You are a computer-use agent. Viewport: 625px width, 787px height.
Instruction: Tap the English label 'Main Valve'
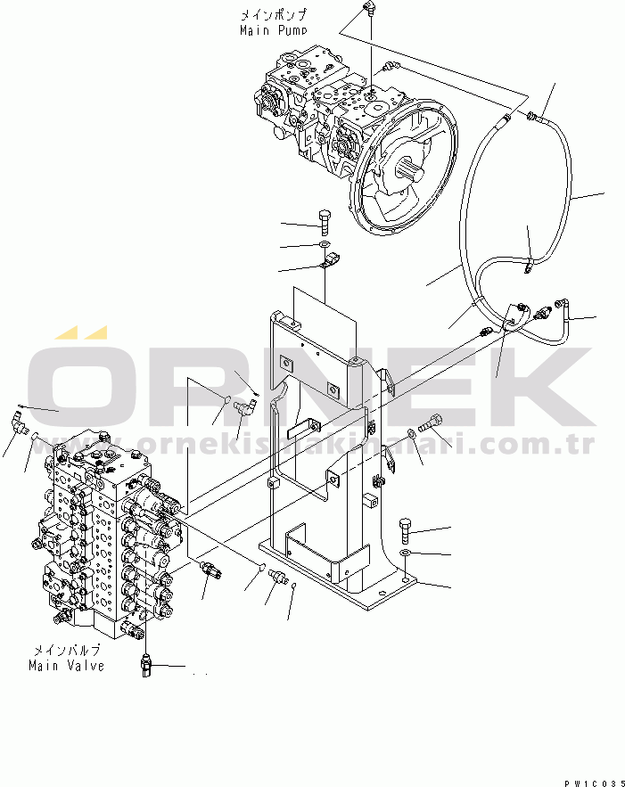tap(66, 665)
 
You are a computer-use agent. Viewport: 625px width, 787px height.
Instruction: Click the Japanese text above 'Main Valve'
tap(66, 651)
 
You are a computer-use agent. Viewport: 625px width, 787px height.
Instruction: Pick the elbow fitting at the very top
tap(369, 10)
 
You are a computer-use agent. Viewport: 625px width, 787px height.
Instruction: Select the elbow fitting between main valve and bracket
tap(243, 409)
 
